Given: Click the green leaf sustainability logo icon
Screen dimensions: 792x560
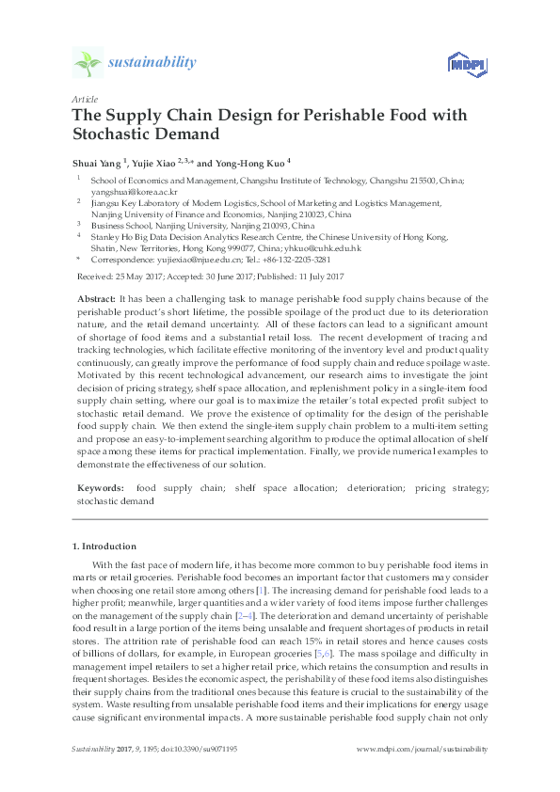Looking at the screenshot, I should [87, 63].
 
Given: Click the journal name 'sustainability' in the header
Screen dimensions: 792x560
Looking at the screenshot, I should [152, 63].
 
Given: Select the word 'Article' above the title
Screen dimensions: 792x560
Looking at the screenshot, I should [84, 99].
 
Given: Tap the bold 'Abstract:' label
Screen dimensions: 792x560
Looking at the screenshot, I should [96, 298].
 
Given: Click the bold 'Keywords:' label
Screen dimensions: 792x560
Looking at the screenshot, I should [100, 488].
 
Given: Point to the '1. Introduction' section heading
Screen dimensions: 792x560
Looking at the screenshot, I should [105, 546].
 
